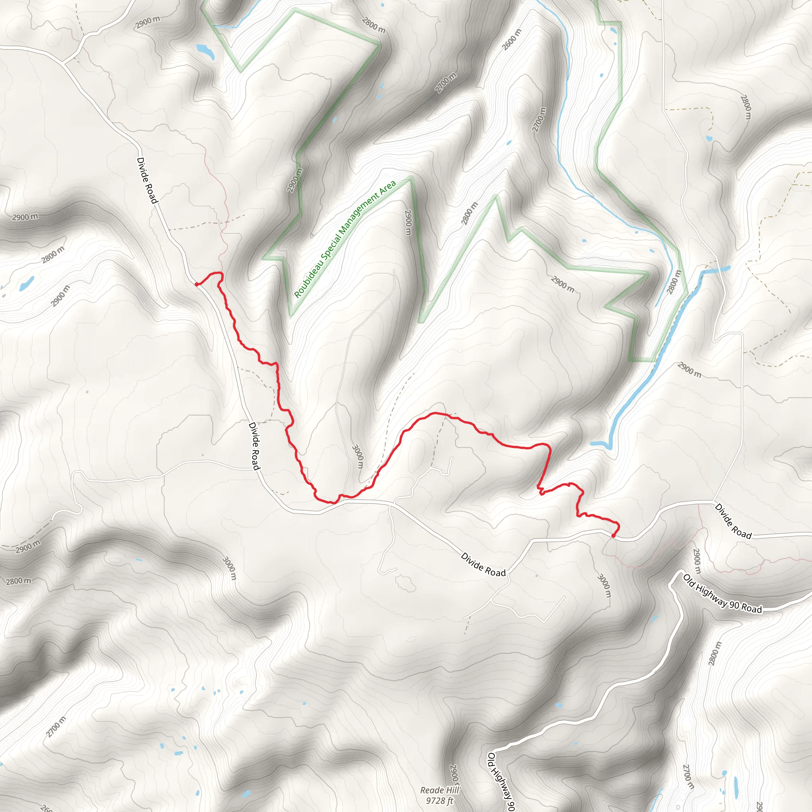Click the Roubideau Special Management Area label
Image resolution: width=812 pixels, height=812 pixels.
click(x=345, y=239)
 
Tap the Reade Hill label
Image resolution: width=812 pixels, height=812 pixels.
click(x=440, y=791)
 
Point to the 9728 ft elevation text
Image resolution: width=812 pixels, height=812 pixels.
click(x=440, y=801)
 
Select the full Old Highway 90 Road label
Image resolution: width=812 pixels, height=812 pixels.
click(x=722, y=594)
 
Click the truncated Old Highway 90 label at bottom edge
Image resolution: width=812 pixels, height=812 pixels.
click(x=501, y=782)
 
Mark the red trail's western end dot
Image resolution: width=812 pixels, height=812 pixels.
click(x=197, y=285)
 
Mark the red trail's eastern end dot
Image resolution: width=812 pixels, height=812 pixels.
click(x=614, y=536)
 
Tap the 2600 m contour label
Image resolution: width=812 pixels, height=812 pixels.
click(x=512, y=40)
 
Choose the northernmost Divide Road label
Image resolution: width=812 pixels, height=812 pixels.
click(x=147, y=180)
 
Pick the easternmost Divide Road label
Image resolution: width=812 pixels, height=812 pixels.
click(x=733, y=521)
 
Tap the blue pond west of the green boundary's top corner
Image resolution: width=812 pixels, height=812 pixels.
click(x=205, y=50)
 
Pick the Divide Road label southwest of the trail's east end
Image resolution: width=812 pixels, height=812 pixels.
click(x=483, y=565)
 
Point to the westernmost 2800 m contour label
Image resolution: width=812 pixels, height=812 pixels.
click(x=18, y=582)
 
